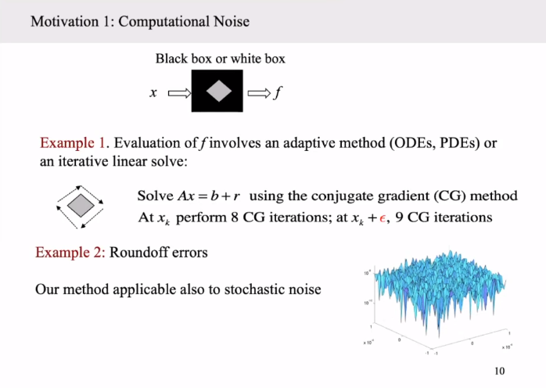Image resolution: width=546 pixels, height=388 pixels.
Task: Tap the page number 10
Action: pyautogui.click(x=500, y=371)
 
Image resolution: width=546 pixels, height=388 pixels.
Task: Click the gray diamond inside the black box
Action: pyautogui.click(x=217, y=92)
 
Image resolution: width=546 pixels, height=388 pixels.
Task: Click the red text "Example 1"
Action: pyautogui.click(x=72, y=144)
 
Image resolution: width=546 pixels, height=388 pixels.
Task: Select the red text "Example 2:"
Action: pyautogui.click(x=70, y=253)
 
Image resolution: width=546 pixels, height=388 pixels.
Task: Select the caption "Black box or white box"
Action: pyautogui.click(x=220, y=59)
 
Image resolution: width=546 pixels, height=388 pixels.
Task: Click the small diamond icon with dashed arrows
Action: pyautogui.click(x=81, y=206)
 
